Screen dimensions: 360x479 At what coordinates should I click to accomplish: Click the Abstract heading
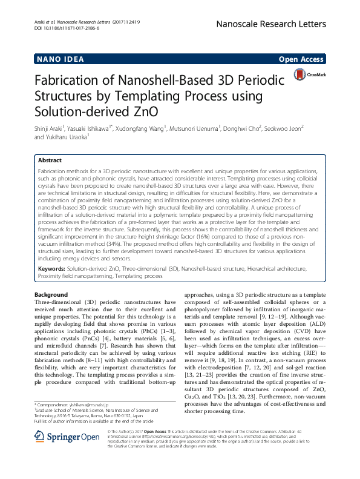click(x=50, y=161)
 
